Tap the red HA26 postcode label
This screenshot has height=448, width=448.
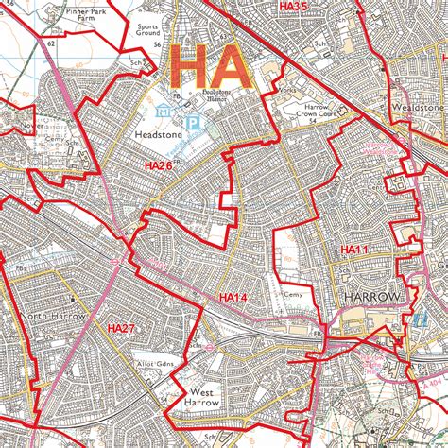158,165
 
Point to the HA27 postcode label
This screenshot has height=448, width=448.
121,328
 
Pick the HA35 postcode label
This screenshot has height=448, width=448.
294,7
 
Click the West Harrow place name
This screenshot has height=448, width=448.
203,397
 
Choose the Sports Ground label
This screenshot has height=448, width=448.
148,33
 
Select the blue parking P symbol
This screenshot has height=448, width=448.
193,122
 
